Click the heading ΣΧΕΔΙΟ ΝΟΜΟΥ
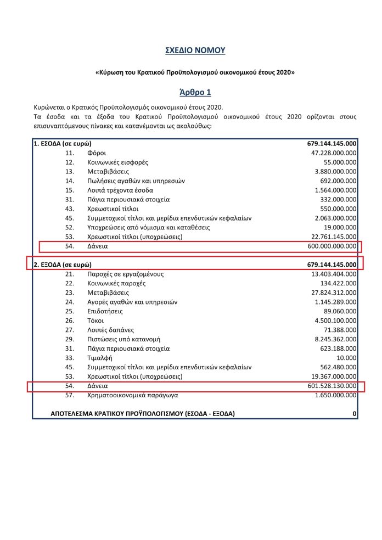pos(195,50)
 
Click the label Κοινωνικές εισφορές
pos(117,162)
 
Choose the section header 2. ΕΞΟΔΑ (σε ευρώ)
pos(62,265)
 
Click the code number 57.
pos(69,395)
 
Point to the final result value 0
pos(355,413)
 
